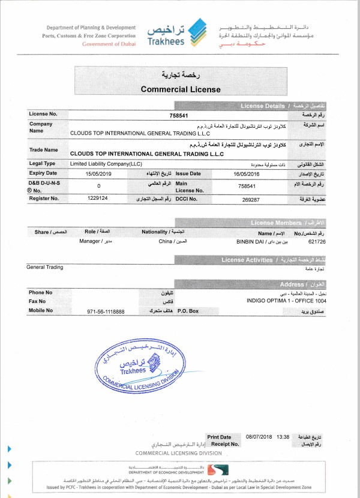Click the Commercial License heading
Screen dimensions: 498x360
180,89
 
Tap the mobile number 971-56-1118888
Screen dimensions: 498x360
106,311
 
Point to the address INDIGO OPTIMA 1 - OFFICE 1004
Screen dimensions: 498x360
284,300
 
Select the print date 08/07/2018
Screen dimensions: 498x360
260,437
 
